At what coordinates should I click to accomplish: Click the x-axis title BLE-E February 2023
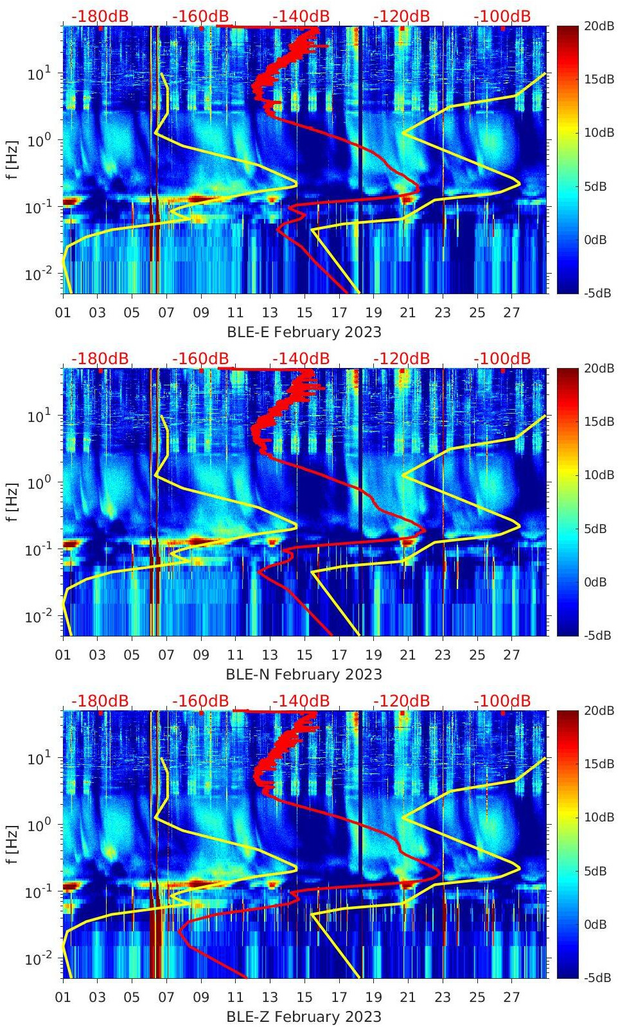tap(304, 332)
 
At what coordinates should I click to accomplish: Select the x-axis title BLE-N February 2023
tap(304, 674)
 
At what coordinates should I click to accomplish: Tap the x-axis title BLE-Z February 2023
tap(304, 1017)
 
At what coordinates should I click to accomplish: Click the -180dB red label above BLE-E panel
tap(100, 16)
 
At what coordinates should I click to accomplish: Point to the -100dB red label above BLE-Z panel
tap(502, 701)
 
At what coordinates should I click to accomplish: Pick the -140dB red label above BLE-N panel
tap(301, 358)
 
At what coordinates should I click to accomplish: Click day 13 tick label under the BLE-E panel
tap(270, 313)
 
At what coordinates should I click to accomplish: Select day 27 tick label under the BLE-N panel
tap(511, 655)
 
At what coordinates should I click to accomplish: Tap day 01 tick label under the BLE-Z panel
tap(63, 997)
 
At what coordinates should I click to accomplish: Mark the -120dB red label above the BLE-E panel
tap(402, 16)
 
